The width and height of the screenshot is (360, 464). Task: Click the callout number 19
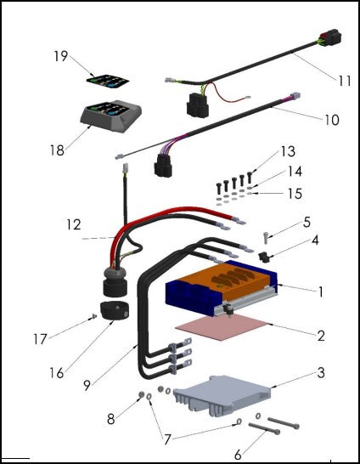(x=61, y=56)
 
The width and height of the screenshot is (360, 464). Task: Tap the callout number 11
(x=345, y=81)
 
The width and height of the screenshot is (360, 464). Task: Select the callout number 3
(x=321, y=372)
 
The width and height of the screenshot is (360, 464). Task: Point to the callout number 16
(x=57, y=373)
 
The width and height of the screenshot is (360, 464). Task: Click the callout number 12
(x=74, y=225)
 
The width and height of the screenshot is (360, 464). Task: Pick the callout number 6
(x=238, y=455)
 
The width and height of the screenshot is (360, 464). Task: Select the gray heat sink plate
(x=222, y=393)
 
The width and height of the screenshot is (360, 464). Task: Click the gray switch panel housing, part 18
(x=111, y=116)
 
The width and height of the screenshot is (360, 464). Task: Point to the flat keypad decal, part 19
(x=108, y=82)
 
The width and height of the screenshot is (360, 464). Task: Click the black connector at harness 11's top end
(x=330, y=37)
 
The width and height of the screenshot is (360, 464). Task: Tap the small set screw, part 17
(x=94, y=316)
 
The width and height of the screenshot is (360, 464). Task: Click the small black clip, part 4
(x=262, y=257)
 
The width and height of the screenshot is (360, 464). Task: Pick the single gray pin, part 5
(x=266, y=238)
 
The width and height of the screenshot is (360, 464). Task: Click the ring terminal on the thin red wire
(x=247, y=97)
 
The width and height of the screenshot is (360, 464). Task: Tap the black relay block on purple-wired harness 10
(x=163, y=166)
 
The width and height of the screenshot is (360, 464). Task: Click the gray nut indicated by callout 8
(x=141, y=394)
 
